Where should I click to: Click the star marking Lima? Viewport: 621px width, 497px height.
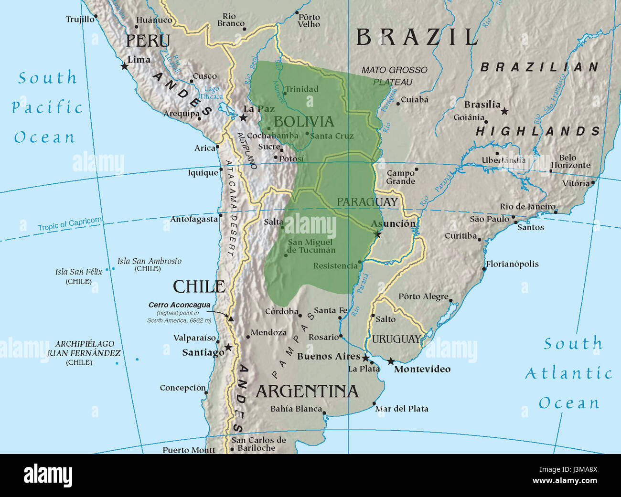pos(125,66)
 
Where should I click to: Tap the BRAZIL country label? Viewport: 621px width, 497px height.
pos(417,37)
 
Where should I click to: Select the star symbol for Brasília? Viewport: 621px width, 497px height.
pos(504,111)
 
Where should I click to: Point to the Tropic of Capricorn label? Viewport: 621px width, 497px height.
pos(70,224)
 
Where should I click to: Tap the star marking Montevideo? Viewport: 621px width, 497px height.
pos(391,361)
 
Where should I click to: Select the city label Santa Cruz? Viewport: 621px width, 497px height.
pos(332,136)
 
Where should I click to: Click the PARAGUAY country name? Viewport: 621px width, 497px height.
pos(367,202)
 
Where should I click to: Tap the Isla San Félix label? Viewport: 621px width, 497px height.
pos(78,272)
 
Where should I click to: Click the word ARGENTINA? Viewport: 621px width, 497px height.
pos(307,391)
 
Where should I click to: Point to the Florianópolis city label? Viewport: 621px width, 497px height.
pos(512,264)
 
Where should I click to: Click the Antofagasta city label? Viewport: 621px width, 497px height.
pos(194,220)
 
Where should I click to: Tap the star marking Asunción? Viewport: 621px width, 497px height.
pos(378,234)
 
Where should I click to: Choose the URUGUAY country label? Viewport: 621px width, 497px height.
pos(396,339)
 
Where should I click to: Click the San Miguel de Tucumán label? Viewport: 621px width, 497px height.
pos(311,246)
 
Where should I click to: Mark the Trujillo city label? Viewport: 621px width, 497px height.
pos(80,20)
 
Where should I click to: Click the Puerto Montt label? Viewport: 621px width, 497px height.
pos(189,450)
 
